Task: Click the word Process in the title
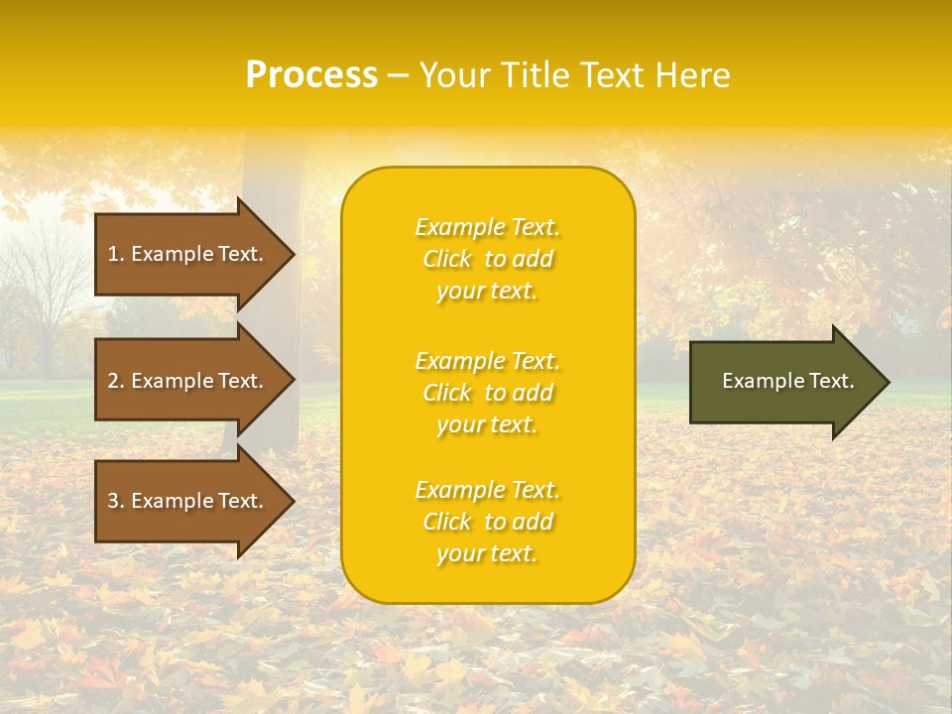coord(311,75)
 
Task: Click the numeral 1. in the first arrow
coord(116,254)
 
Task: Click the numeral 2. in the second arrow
coord(116,381)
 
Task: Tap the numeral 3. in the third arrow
coord(116,501)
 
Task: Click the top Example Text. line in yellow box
coord(487,227)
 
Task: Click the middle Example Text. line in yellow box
coord(487,361)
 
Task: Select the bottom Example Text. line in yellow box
coord(487,490)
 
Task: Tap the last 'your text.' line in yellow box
coord(487,553)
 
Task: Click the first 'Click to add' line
coord(487,259)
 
